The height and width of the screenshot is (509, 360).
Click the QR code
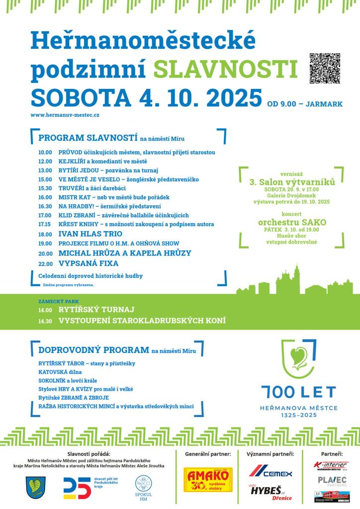coord(325,68)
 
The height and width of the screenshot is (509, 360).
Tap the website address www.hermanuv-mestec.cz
coord(65,115)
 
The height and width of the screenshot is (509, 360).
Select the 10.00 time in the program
coord(45,152)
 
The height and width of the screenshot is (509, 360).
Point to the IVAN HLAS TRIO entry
coord(90,234)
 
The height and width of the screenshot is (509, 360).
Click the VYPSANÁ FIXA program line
coord(89,263)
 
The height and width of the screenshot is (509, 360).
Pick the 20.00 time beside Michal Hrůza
coord(45,254)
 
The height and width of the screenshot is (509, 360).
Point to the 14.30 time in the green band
coord(45,321)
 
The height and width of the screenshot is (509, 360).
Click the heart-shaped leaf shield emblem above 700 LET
coord(298,359)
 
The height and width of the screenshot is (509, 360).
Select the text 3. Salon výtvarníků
coord(292,182)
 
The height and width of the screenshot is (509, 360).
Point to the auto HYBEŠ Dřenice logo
coord(271,492)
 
